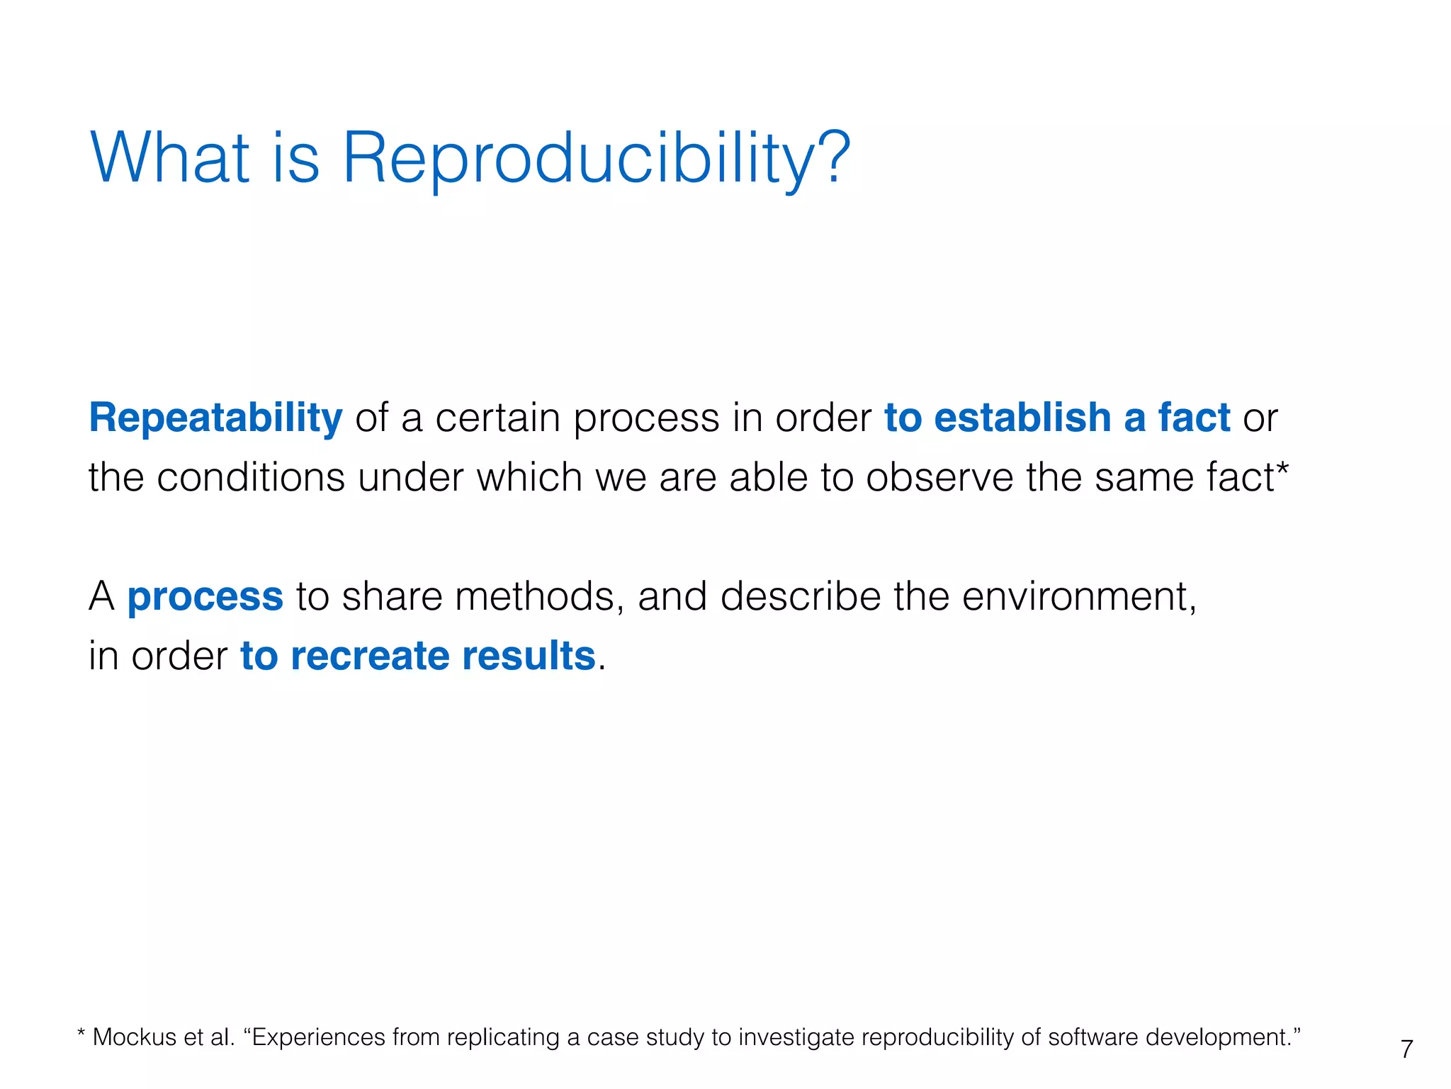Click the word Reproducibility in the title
[x=577, y=160]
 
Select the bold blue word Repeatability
[x=215, y=418]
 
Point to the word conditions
[x=250, y=477]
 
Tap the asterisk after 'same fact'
[x=1282, y=469]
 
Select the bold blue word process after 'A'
[x=205, y=598]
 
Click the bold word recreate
[x=370, y=656]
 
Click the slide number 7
[x=1406, y=1049]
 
